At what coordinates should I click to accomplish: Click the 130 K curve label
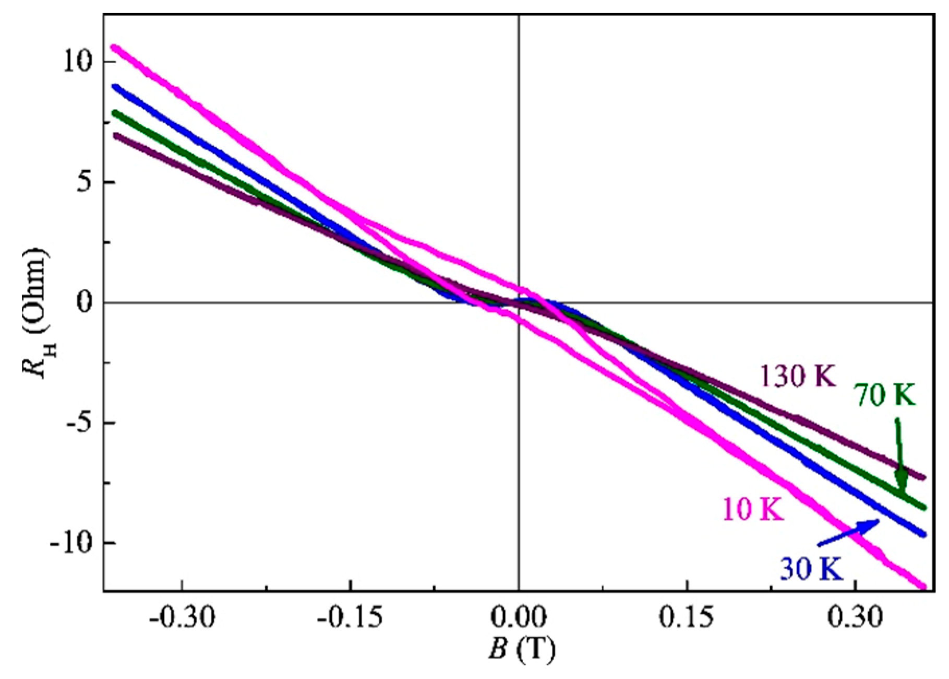tap(798, 376)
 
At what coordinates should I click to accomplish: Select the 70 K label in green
tap(885, 395)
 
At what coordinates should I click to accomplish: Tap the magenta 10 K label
tap(753, 509)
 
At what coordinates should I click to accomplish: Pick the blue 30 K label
tap(811, 568)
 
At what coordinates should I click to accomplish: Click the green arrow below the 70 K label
tap(899, 454)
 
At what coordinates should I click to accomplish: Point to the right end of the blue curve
tap(923, 534)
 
